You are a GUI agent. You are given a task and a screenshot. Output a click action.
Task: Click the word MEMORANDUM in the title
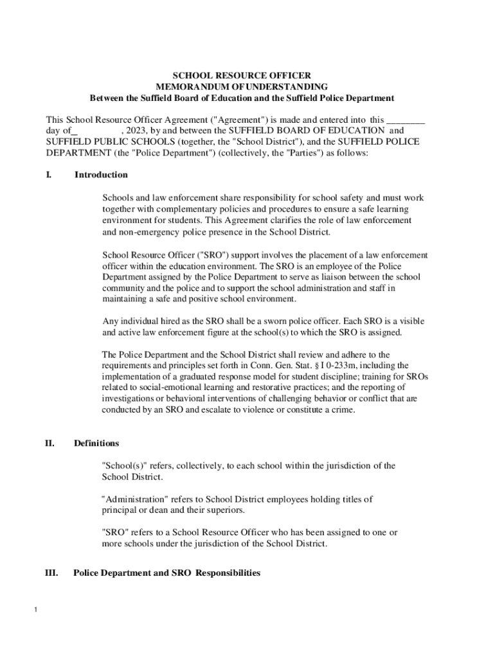tap(193, 87)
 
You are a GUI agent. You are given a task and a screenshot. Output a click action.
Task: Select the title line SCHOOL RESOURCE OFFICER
tap(241, 75)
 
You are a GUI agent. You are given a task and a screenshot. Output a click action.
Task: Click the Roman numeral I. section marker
tap(49, 175)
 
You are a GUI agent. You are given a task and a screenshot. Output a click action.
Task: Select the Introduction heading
tap(101, 175)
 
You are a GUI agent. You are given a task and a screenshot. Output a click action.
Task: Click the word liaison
tap(333, 277)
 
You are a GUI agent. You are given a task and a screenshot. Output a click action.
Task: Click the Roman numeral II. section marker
tap(49, 443)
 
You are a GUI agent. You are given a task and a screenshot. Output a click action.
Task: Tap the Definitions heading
tap(96, 443)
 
